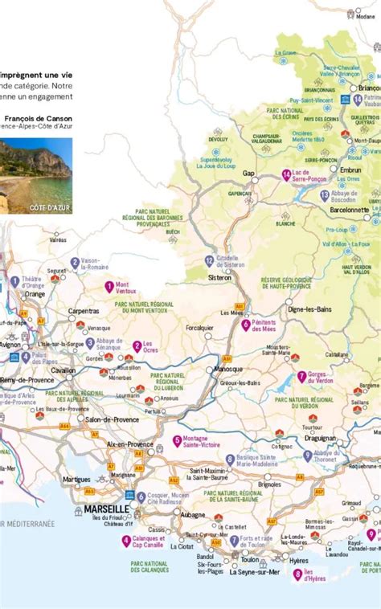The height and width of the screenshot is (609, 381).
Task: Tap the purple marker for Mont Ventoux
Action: pos(109,286)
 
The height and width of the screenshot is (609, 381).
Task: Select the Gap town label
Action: pos(249,173)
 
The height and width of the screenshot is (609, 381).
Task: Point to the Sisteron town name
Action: pos(219,278)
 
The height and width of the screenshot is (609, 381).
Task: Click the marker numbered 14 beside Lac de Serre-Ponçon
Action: pos(286,174)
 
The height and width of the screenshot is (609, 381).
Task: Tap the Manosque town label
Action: pos(227,369)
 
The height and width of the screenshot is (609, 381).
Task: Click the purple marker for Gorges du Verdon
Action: pos(301,376)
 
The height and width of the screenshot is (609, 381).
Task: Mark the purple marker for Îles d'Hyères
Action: pos(297,574)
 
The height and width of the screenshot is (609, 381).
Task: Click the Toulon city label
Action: pos(250,559)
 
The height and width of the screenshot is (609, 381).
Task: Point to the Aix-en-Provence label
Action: pos(130,443)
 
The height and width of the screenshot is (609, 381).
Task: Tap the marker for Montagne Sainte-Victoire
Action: pos(177,440)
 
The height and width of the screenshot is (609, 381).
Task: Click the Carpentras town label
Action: pos(84,310)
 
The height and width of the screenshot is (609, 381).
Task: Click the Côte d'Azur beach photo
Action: pos(35,175)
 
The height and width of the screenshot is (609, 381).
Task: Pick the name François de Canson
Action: pos(38,117)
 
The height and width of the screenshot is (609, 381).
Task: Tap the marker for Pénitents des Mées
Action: pos(246,325)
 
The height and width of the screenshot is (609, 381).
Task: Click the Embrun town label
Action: pos(351,170)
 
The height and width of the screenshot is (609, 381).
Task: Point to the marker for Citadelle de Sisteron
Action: pos(209,260)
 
